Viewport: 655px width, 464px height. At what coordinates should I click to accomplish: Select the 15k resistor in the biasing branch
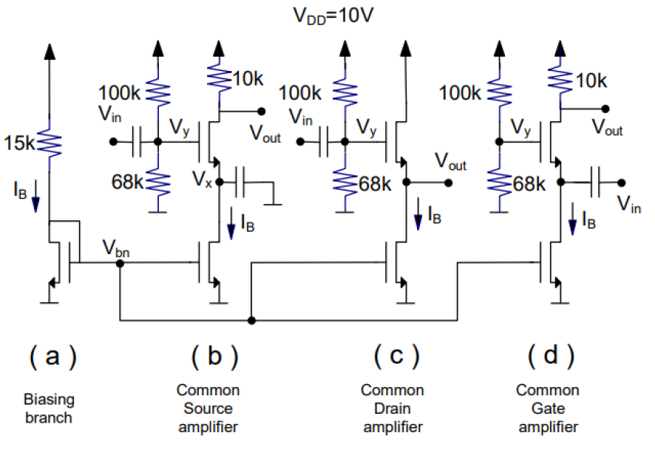[49, 142]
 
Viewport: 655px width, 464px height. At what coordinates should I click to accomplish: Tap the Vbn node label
[118, 249]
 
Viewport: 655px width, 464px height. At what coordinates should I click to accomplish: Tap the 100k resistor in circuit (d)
[500, 93]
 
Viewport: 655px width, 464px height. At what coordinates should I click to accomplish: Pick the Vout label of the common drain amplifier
[450, 161]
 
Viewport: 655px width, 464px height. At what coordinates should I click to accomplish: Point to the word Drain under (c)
[393, 408]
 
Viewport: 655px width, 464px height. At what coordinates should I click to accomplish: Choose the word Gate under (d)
[547, 408]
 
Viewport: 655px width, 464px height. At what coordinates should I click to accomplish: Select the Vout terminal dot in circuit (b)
[261, 112]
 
